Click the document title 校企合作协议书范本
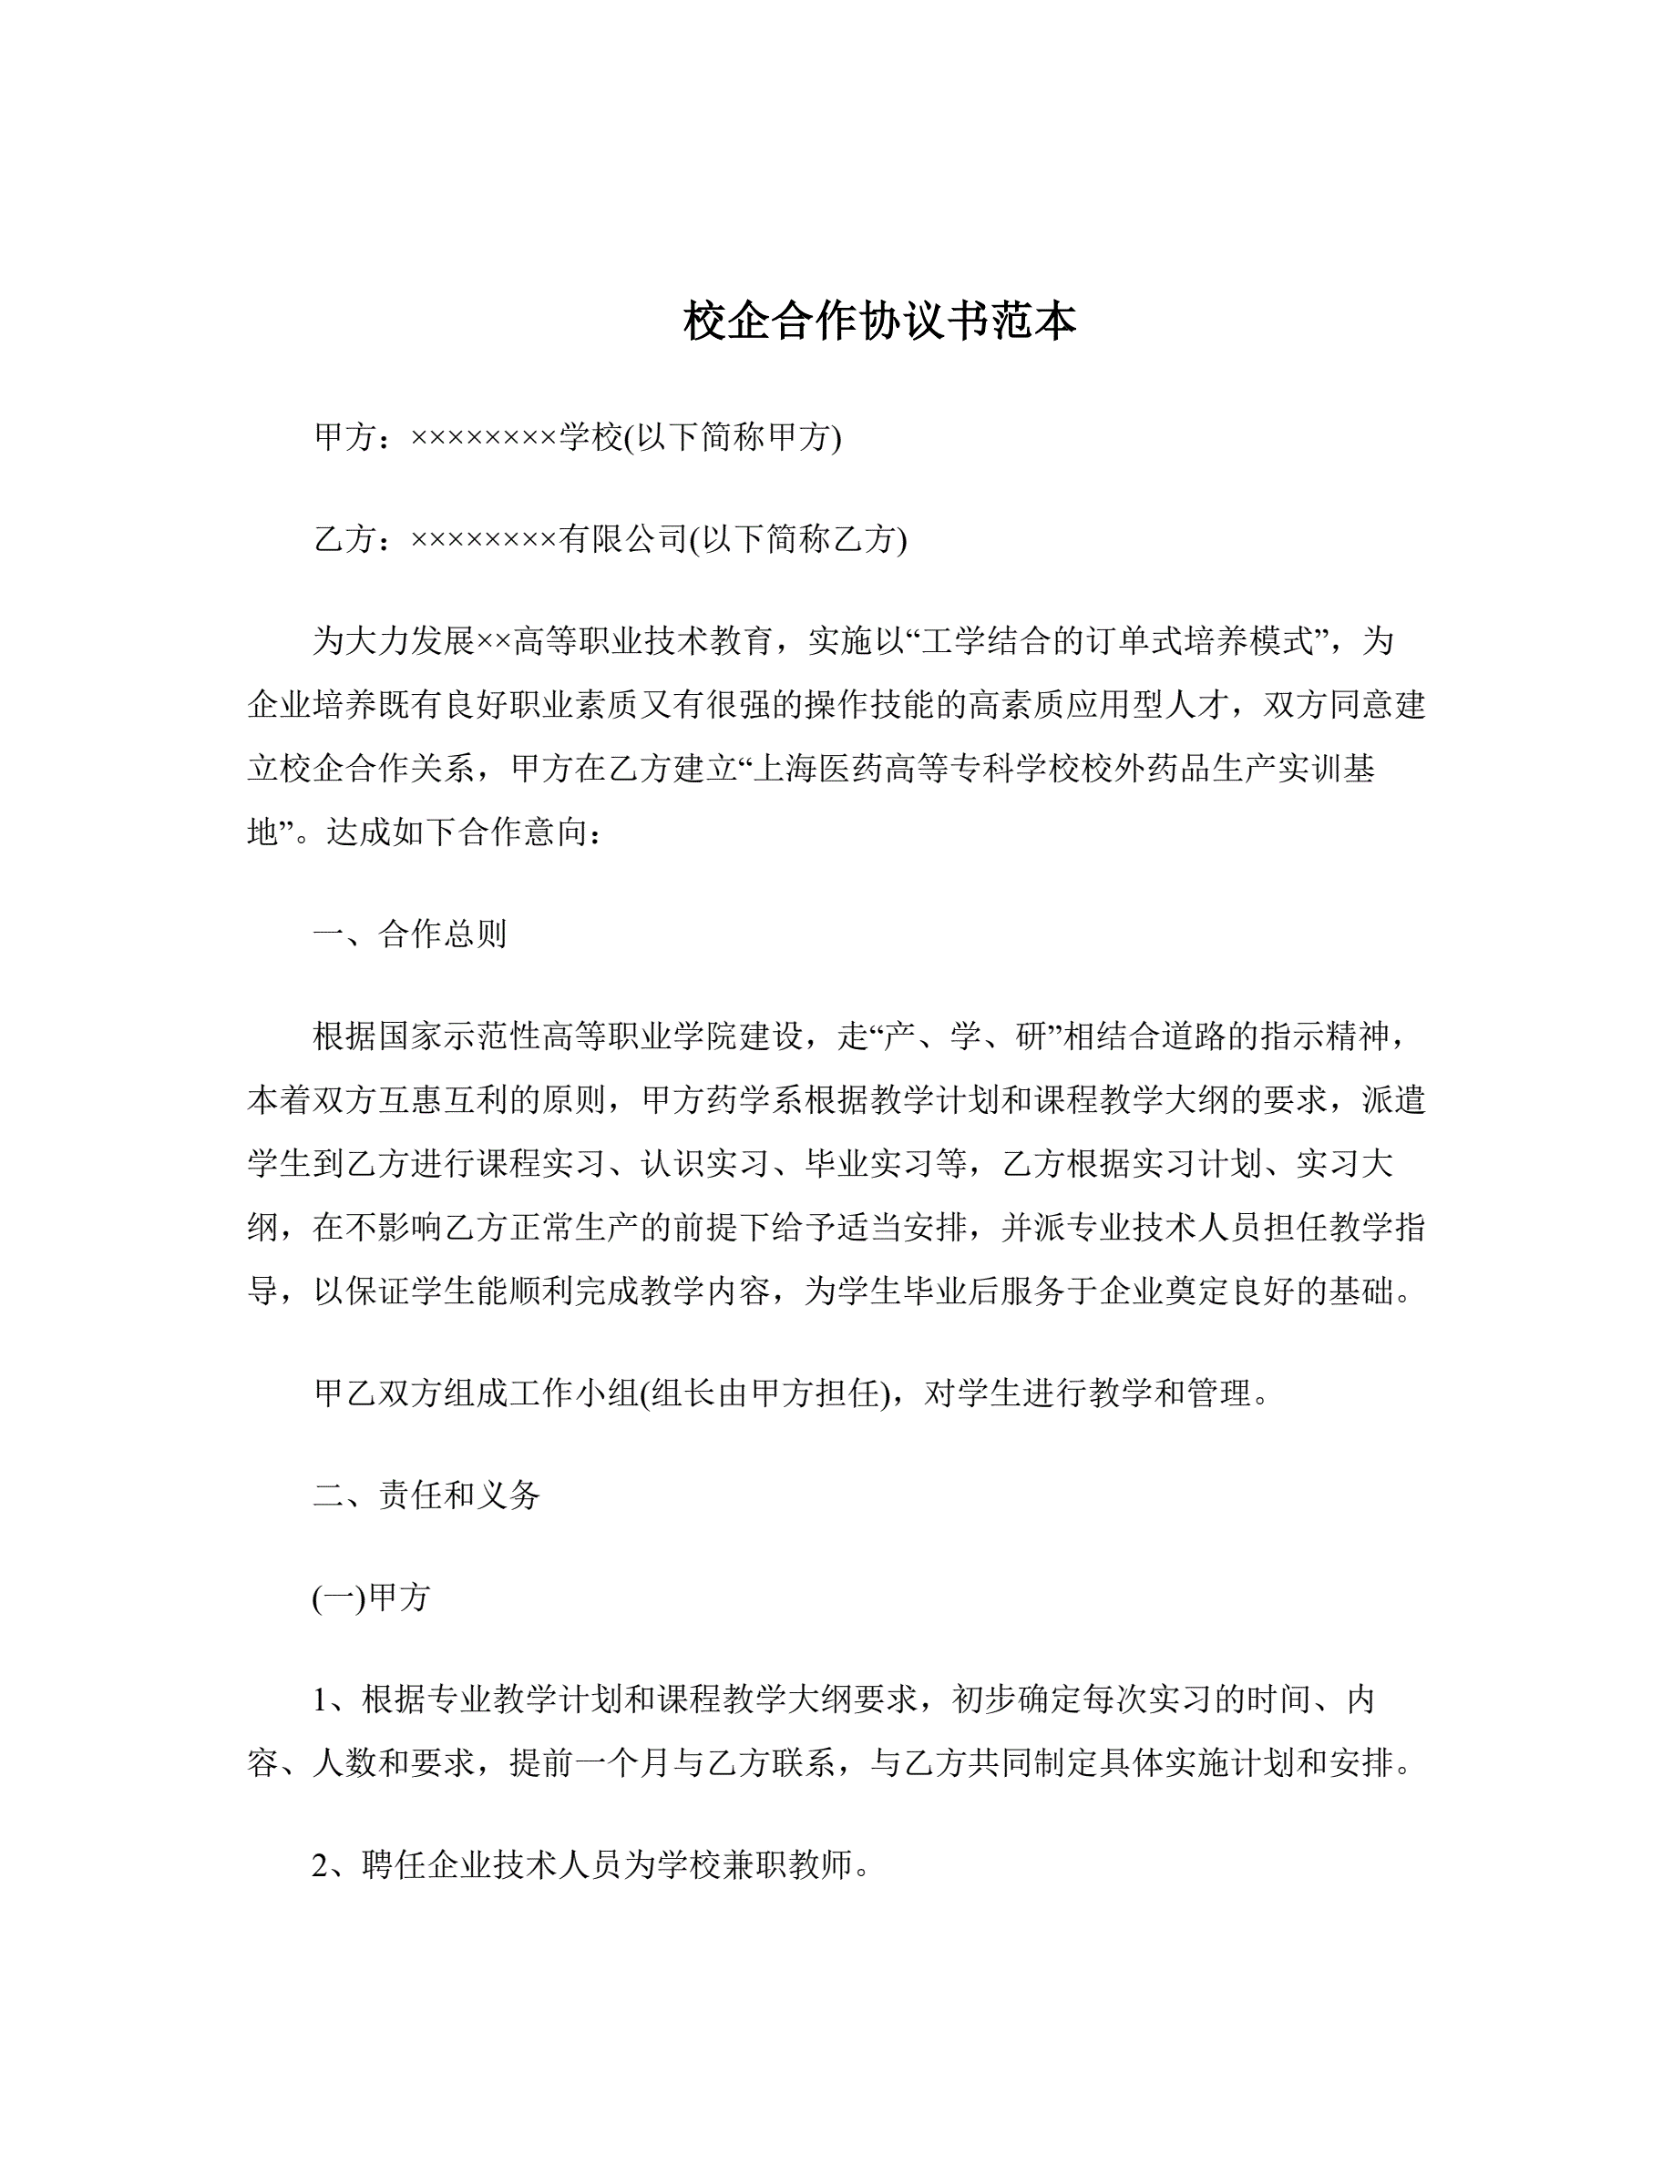point(879,321)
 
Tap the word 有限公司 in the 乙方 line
point(622,539)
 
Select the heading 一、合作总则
point(409,934)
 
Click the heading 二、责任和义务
point(426,1495)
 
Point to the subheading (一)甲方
point(371,1597)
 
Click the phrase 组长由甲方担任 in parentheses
point(766,1393)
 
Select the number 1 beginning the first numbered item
point(321,1700)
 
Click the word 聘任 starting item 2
point(395,1867)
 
